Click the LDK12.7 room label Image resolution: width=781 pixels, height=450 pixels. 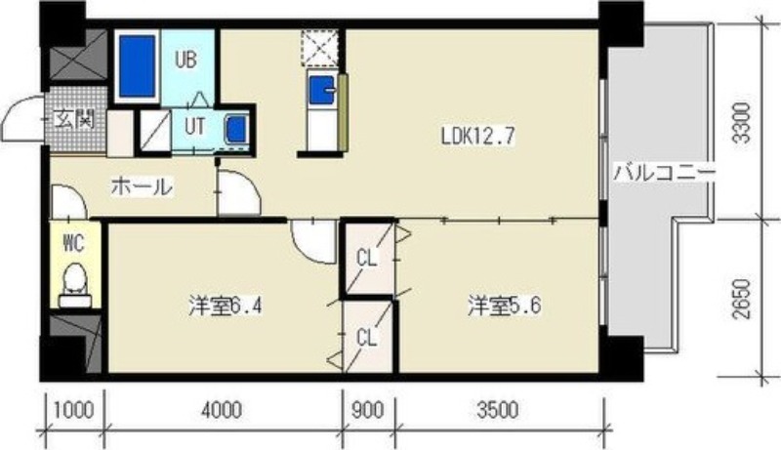[477, 136]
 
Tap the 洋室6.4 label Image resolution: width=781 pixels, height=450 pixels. [226, 307]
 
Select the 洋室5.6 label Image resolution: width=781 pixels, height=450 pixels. [504, 306]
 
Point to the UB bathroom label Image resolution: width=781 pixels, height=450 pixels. [185, 60]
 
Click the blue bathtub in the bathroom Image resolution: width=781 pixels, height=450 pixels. [138, 66]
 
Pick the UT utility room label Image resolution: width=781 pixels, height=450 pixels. [194, 127]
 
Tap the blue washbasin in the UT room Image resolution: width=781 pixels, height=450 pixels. [235, 129]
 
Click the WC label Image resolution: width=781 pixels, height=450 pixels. [74, 243]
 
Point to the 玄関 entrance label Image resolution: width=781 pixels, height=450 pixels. [75, 120]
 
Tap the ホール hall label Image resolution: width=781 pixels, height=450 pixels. [142, 186]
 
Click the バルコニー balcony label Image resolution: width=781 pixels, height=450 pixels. [664, 173]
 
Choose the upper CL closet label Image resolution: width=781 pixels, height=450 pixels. [368, 258]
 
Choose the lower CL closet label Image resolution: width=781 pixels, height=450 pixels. [367, 338]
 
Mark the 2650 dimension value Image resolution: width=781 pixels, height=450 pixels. [742, 299]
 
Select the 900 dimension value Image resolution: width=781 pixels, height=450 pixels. [368, 410]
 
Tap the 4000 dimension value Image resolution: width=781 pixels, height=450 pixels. [224, 410]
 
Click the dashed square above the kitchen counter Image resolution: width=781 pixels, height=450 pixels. [320, 47]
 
